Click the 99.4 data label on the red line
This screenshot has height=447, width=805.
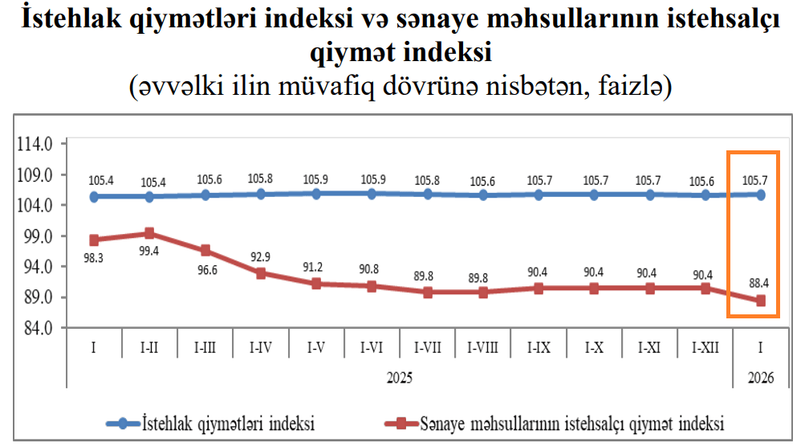[148, 251]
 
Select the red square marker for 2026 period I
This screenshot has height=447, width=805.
[760, 301]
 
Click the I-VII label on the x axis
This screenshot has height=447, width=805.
[427, 347]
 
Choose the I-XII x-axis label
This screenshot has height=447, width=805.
[705, 347]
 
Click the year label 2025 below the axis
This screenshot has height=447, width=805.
[400, 376]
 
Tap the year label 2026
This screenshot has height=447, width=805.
[759, 376]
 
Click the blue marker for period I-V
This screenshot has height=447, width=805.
[315, 194]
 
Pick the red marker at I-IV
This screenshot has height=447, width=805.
[260, 273]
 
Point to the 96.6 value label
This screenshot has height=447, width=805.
[205, 269]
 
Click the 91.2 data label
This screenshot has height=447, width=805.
[315, 267]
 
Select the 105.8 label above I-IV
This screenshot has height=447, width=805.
[260, 178]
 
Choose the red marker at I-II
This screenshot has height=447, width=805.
[149, 234]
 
